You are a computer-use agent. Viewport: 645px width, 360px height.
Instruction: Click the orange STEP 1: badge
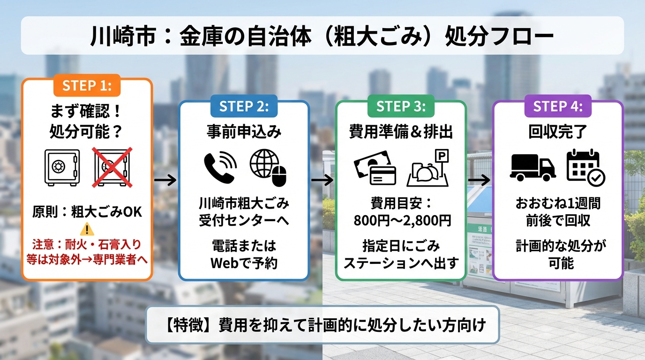pyautogui.click(x=87, y=85)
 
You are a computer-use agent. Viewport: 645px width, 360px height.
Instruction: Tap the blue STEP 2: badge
pyautogui.click(x=244, y=106)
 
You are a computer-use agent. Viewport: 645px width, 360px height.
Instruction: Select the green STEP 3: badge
pyautogui.click(x=401, y=106)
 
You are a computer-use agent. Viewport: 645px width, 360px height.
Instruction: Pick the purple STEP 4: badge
pyautogui.click(x=558, y=106)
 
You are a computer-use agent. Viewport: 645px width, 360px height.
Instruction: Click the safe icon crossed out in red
pyautogui.click(x=112, y=167)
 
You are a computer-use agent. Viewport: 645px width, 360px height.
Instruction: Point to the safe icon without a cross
pyautogui.click(x=62, y=167)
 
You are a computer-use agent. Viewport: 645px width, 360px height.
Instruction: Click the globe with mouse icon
pyautogui.click(x=268, y=168)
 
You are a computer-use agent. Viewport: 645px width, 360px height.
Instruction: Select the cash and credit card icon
pyautogui.click(x=375, y=168)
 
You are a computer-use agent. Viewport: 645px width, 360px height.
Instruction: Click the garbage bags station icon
pyautogui.click(x=428, y=168)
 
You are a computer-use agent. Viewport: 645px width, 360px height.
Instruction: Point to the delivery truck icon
pyautogui.click(x=532, y=168)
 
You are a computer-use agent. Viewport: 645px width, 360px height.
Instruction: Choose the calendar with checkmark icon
pyautogui.click(x=585, y=168)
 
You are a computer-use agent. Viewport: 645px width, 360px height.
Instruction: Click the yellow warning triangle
pyautogui.click(x=87, y=230)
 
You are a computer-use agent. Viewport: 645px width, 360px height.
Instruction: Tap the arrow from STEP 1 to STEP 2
pyautogui.click(x=165, y=180)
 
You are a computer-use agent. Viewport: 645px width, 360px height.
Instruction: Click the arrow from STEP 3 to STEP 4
pyautogui.click(x=479, y=180)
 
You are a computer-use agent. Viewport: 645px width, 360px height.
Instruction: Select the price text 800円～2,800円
pyautogui.click(x=402, y=221)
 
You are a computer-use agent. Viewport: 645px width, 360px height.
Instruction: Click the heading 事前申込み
pyautogui.click(x=244, y=132)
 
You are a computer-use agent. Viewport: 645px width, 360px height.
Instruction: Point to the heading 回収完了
pyautogui.click(x=558, y=132)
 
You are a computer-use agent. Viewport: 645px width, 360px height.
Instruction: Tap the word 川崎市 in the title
pyautogui.click(x=124, y=36)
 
